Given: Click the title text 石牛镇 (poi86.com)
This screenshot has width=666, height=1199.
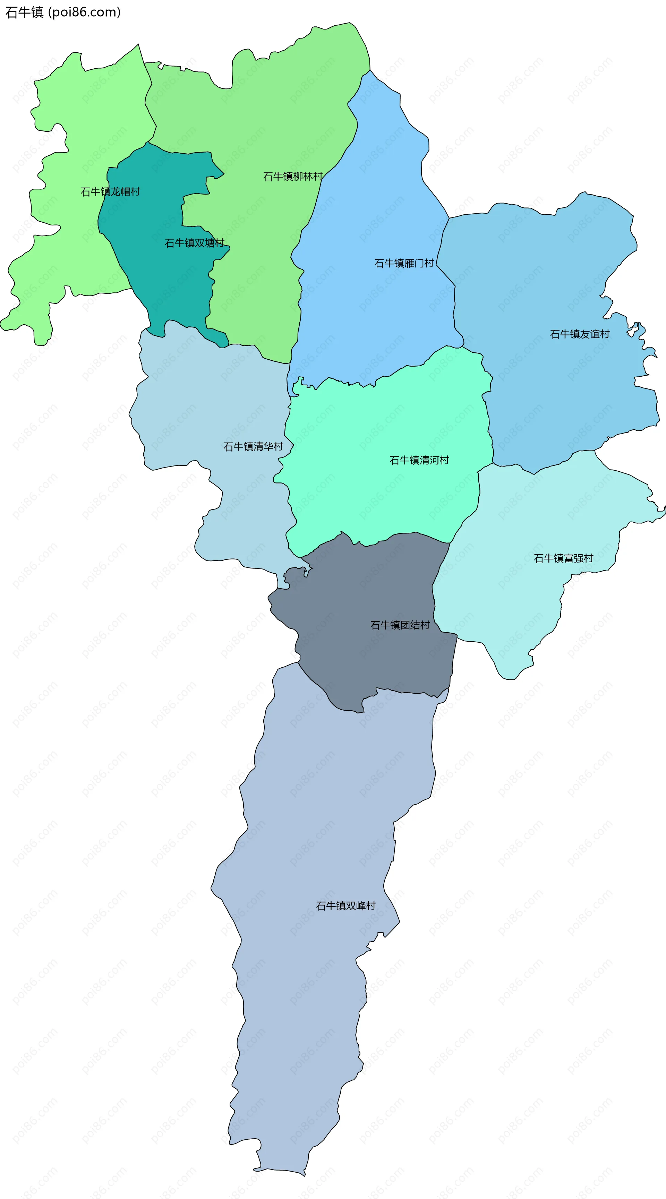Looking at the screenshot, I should tap(63, 12).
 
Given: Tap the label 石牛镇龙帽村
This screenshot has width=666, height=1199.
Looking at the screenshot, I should tap(110, 191).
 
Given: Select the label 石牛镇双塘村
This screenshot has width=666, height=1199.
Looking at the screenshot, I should tap(195, 243).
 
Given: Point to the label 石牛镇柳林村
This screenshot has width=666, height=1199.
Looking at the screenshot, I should tap(293, 177).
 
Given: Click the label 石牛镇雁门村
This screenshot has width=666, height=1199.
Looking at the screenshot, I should tap(404, 264).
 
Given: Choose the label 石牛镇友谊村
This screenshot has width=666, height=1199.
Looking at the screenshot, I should tap(579, 334).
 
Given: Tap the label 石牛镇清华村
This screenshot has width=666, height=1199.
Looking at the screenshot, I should tap(253, 447).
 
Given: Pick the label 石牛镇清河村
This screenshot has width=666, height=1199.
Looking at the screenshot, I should tap(419, 460).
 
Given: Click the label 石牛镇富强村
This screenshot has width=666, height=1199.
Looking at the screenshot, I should tap(563, 558).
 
